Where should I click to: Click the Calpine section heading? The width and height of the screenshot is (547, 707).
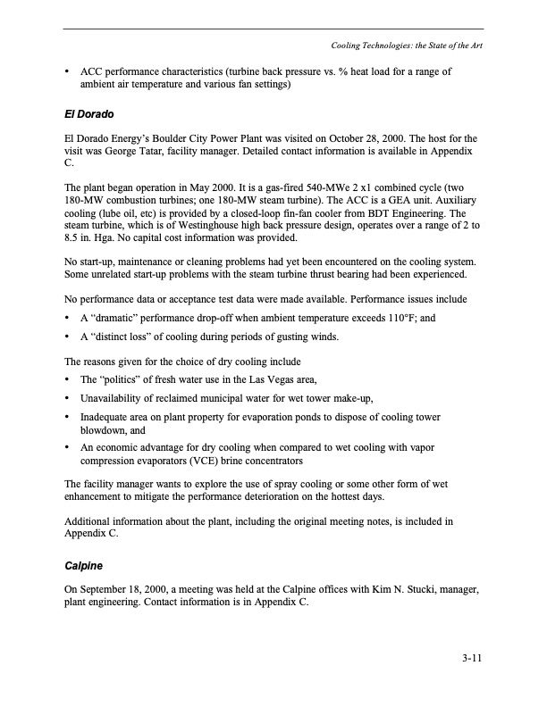85,565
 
